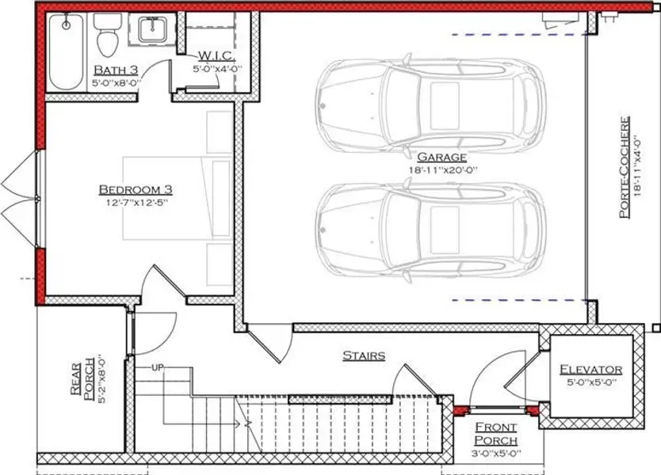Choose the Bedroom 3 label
(136, 189)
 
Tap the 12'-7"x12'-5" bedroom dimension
(136, 202)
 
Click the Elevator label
(590, 370)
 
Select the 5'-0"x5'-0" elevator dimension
(590, 382)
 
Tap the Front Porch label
(496, 434)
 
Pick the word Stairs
(364, 355)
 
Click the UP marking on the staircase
(158, 368)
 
